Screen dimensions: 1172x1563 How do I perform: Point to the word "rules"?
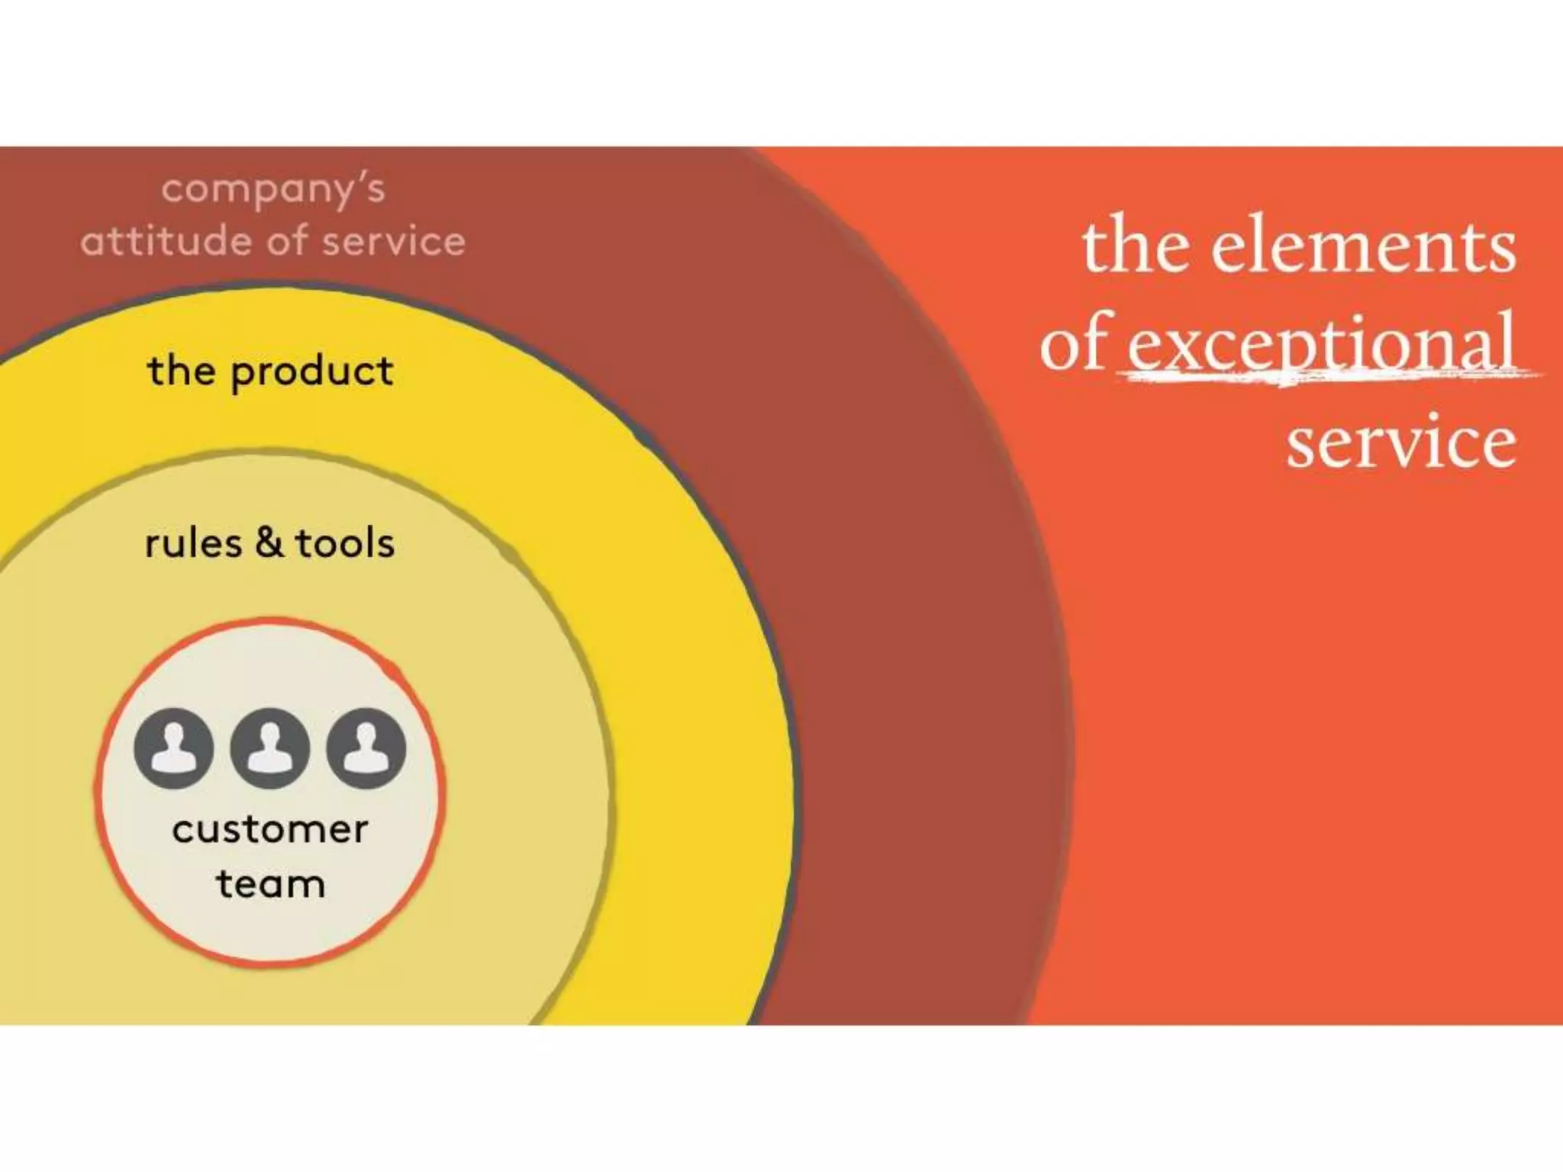193,544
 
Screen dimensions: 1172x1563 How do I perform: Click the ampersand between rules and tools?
269,543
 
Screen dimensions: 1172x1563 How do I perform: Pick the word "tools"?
345,544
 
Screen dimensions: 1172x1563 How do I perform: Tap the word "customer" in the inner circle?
270,830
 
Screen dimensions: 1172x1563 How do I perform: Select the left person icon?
174,748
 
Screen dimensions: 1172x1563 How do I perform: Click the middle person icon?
270,748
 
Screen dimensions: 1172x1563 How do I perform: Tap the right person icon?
366,748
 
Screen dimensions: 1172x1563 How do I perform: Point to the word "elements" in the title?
1363,246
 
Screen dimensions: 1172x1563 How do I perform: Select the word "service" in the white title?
1401,443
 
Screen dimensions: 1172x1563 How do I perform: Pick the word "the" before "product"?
182,372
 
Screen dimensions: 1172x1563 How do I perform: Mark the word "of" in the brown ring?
288,242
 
